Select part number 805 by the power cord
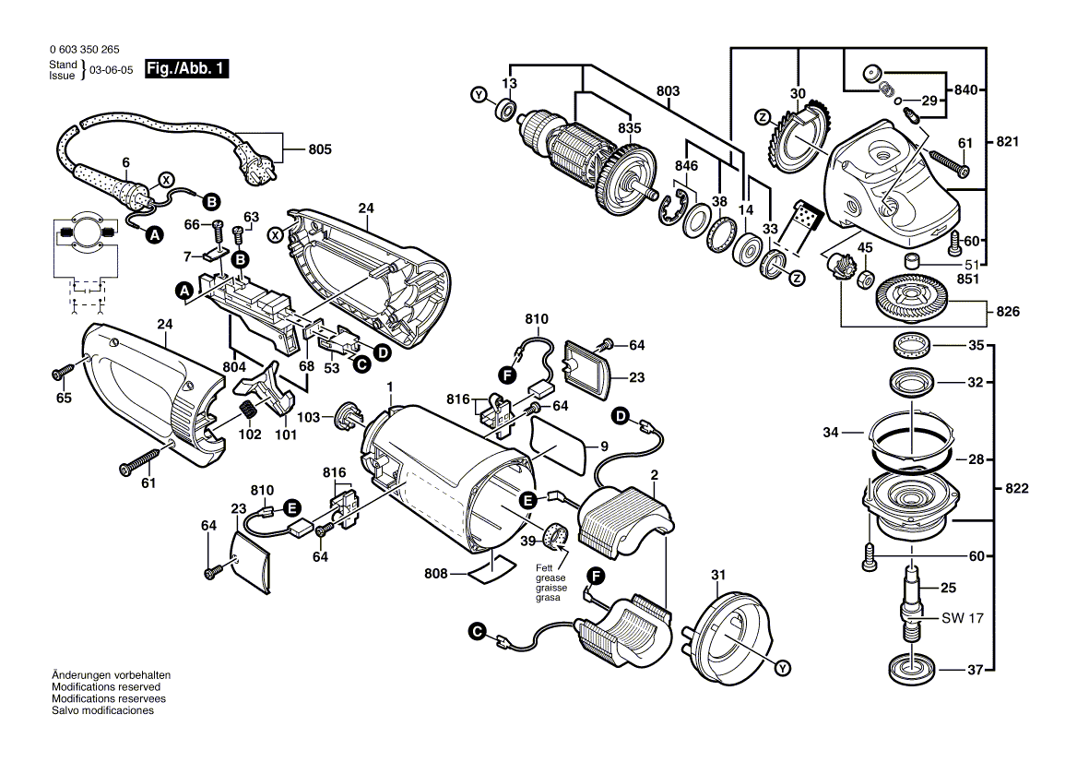pyautogui.click(x=319, y=149)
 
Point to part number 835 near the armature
pyautogui.click(x=629, y=128)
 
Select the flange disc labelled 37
pyautogui.click(x=911, y=667)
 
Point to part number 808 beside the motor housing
pyautogui.click(x=436, y=574)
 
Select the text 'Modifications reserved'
pyautogui.click(x=106, y=687)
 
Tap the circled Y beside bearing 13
pyautogui.click(x=478, y=95)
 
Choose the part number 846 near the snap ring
pyautogui.click(x=686, y=165)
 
